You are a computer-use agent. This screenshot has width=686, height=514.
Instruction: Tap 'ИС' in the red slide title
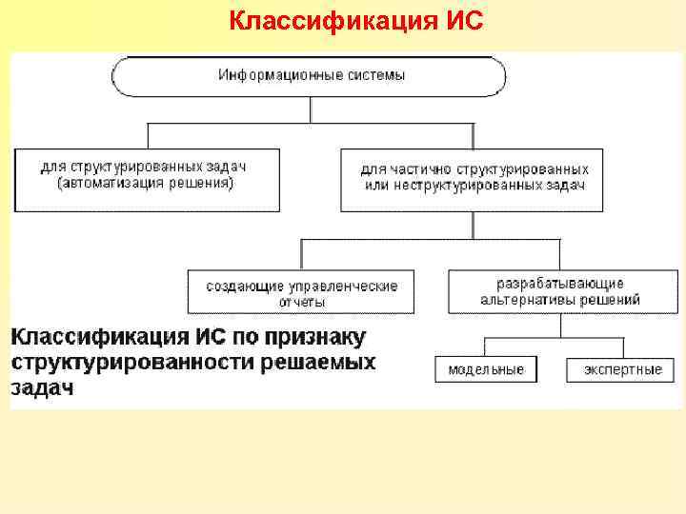coord(464,20)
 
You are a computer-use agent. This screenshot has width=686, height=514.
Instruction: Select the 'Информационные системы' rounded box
coord(311,75)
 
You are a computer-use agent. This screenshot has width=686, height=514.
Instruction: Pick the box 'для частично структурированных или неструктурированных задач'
coord(472,178)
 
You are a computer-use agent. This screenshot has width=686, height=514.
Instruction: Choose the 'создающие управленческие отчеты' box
coord(301,292)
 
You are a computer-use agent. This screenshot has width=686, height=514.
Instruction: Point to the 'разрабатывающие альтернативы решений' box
coord(560,291)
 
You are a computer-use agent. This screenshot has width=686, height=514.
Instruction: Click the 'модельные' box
coord(486,369)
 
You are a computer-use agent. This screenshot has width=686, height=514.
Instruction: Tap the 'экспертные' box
coord(623,369)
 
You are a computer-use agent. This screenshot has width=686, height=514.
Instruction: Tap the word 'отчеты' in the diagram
coord(301,302)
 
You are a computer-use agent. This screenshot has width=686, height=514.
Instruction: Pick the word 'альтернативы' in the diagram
coord(532,300)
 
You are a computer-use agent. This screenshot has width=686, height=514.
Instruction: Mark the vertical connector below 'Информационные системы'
coord(311,109)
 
